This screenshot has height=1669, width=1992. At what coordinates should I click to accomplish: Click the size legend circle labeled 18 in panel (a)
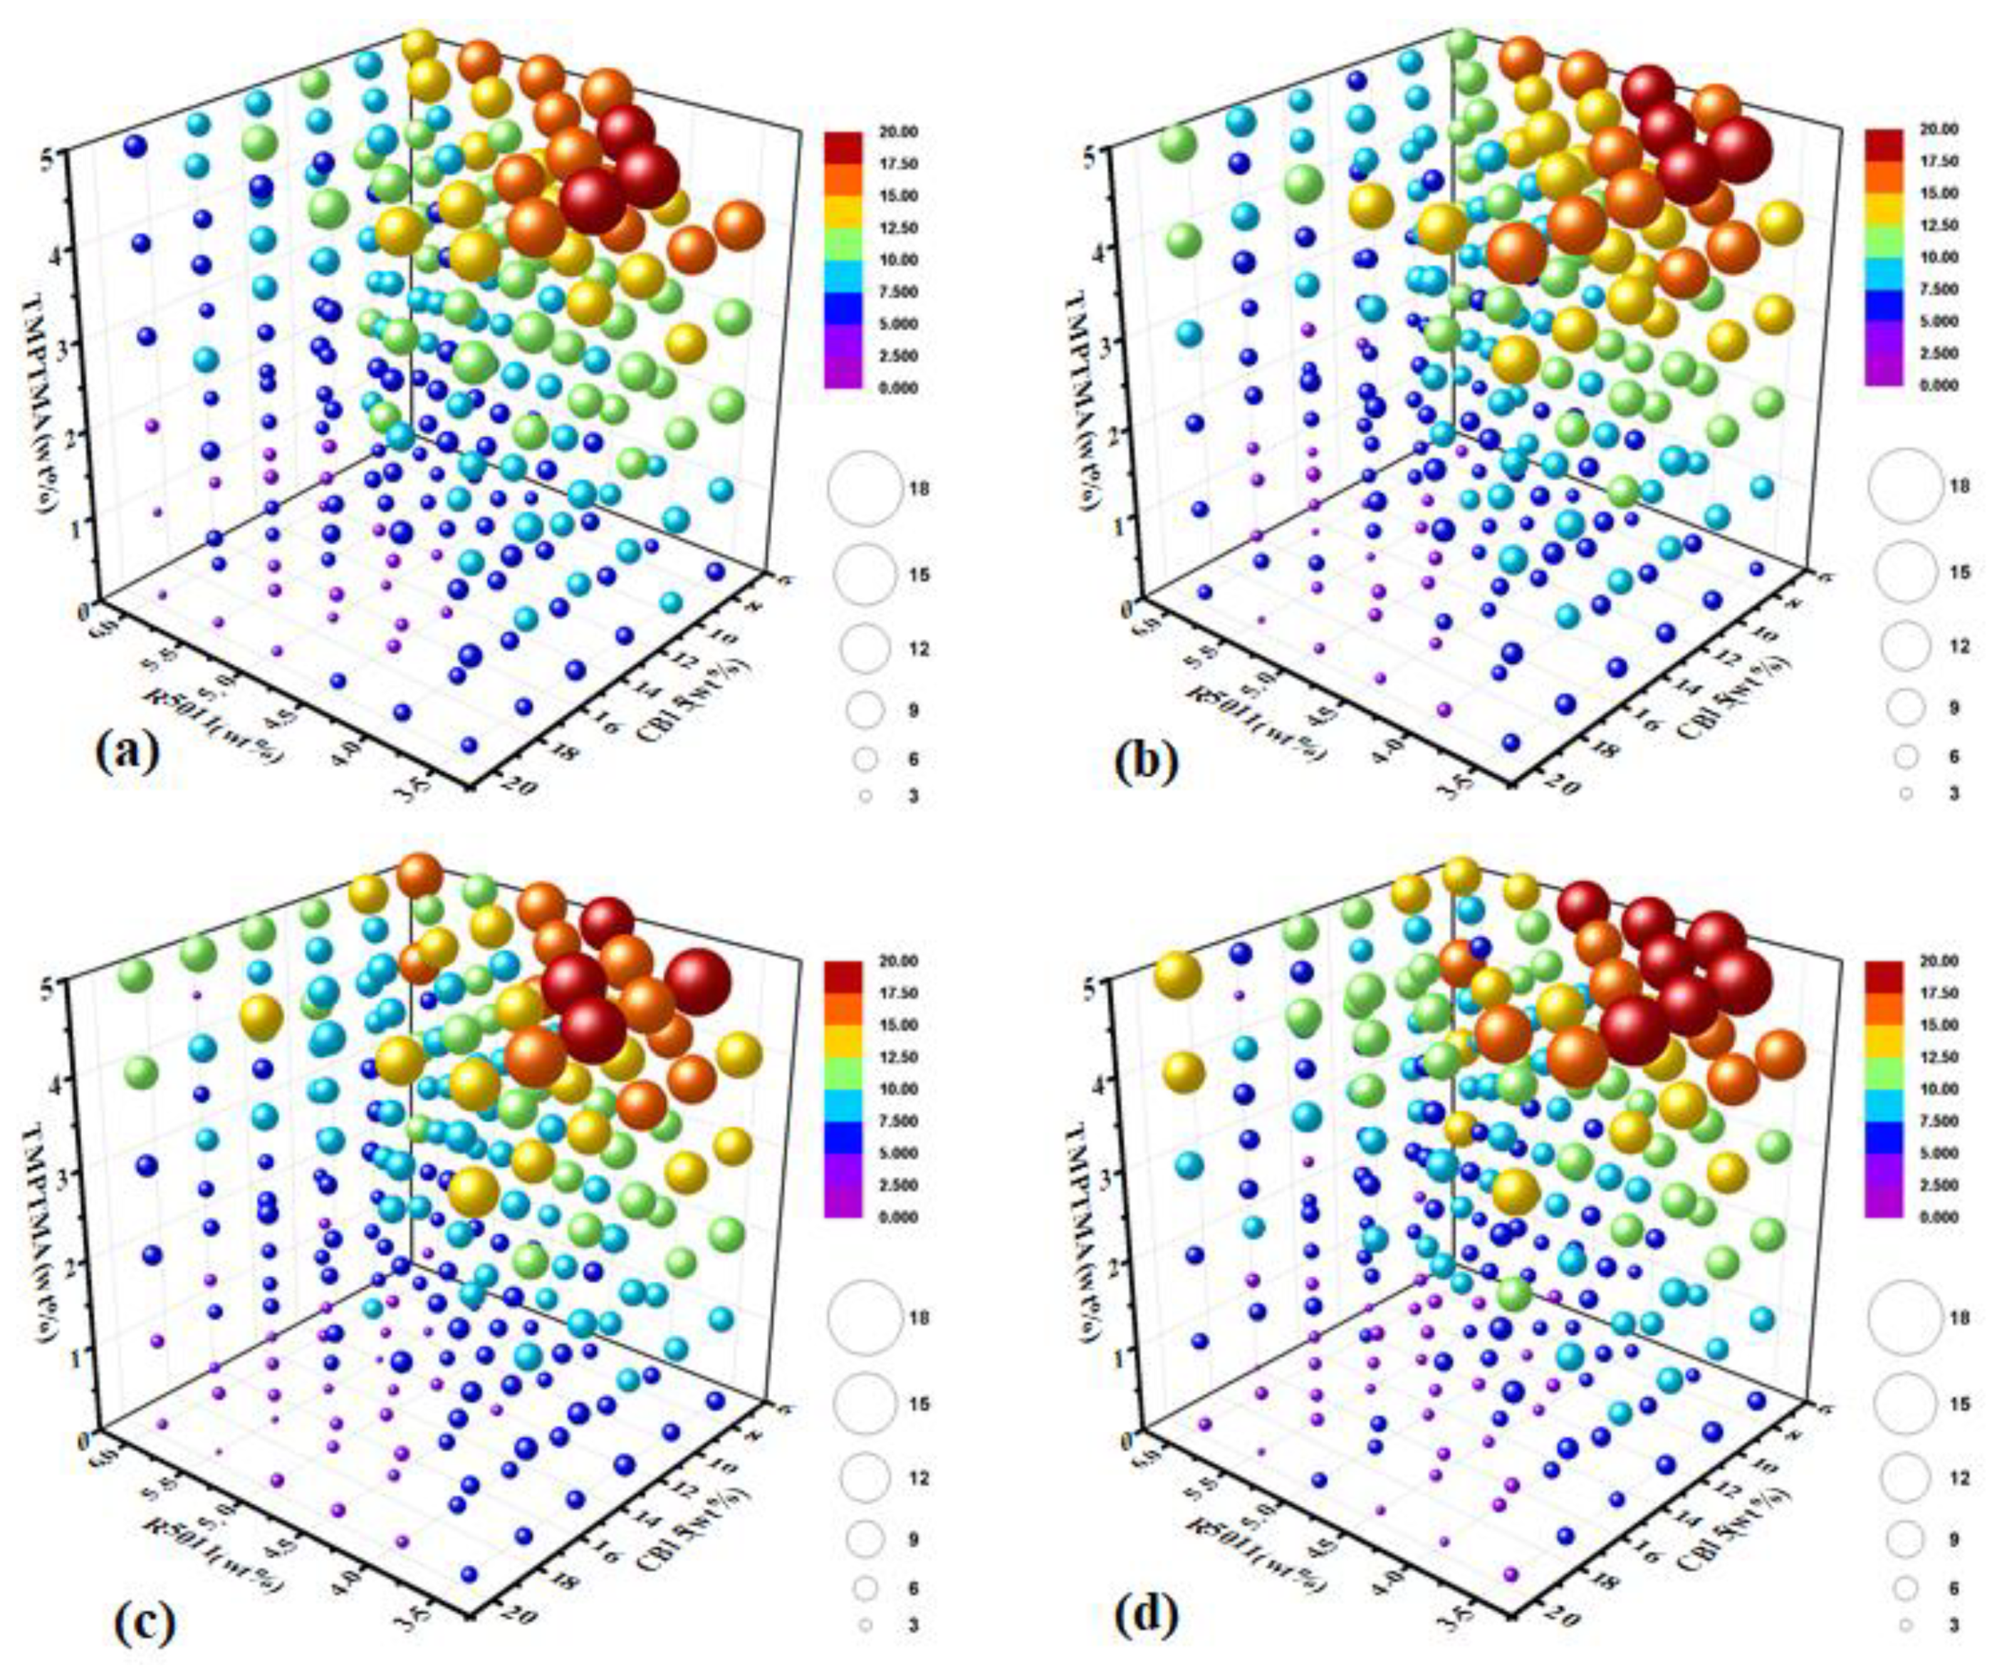(x=863, y=489)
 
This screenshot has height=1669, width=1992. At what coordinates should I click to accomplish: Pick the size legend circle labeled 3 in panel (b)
(x=1904, y=792)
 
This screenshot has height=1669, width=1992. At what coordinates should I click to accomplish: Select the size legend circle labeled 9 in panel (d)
(x=1904, y=1539)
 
